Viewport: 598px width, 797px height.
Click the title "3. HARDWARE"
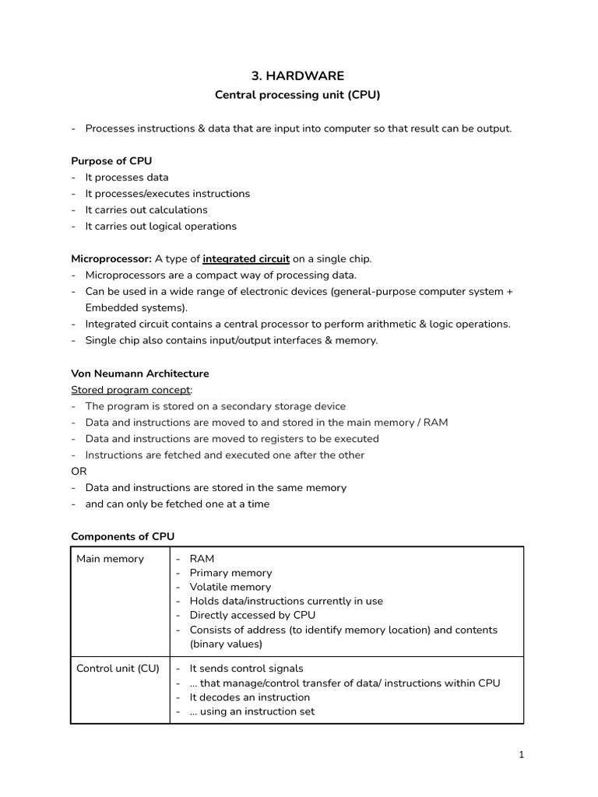point(297,75)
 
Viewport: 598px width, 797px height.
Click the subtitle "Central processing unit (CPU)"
point(297,96)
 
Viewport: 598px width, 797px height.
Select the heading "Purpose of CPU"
point(111,161)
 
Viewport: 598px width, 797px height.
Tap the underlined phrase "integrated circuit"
point(246,258)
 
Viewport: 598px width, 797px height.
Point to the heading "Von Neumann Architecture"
point(139,374)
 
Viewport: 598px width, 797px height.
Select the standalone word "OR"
point(79,472)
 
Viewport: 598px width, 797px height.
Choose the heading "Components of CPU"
point(123,536)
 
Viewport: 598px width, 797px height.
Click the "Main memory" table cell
point(110,559)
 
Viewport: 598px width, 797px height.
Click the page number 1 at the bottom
point(522,755)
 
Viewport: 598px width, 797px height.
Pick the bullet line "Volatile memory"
point(230,587)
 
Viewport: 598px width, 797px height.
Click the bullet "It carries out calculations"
point(146,210)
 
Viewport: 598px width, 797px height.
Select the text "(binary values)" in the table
point(226,644)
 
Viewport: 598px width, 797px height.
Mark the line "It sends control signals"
point(246,669)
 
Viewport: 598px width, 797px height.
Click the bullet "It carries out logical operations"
point(160,226)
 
